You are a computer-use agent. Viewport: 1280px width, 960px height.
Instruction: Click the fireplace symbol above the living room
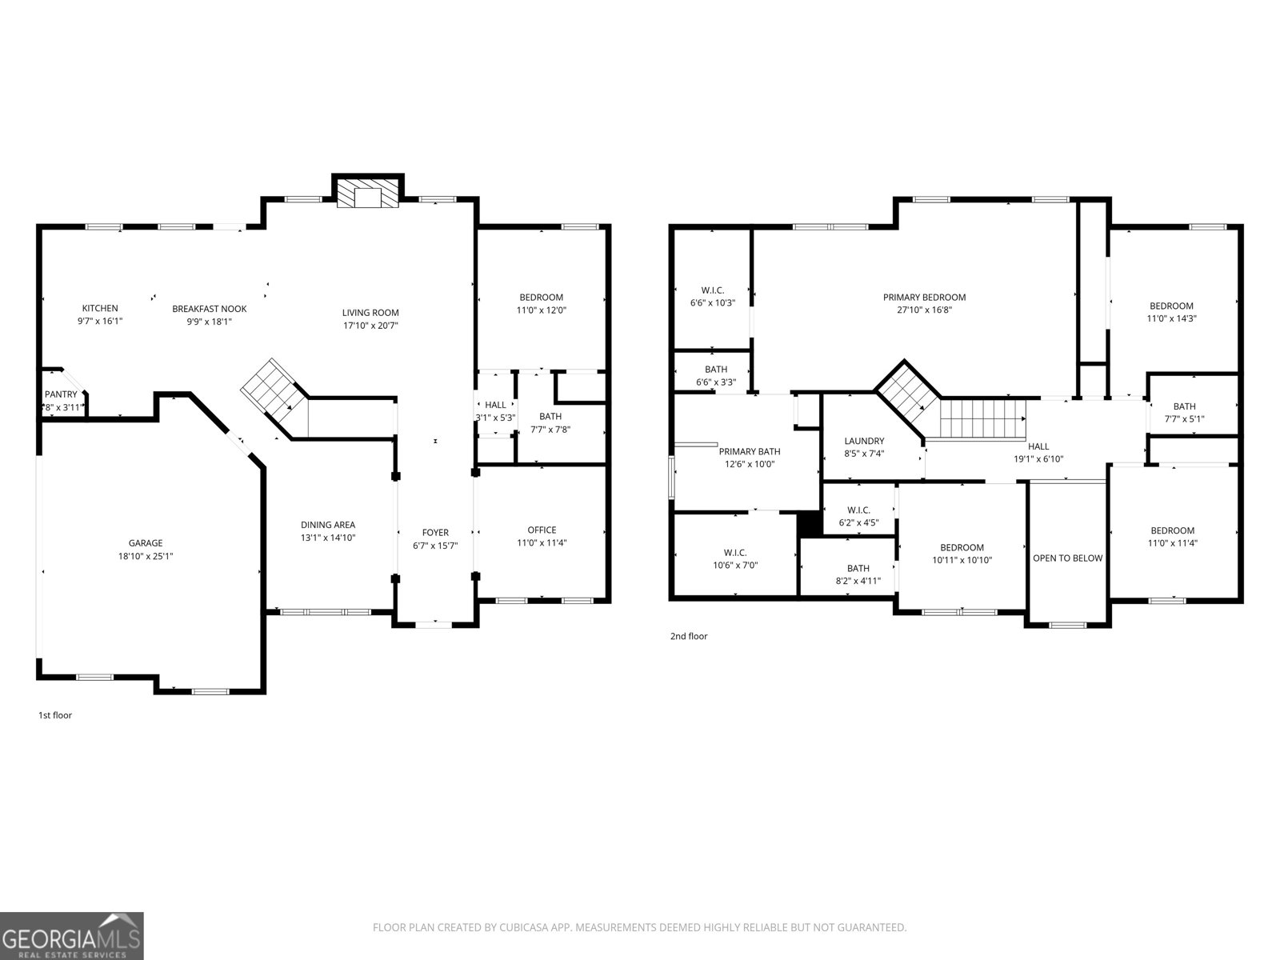tap(367, 194)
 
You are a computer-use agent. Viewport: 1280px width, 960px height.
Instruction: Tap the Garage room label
tap(146, 543)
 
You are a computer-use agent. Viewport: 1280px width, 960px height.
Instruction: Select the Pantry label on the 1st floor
tap(61, 394)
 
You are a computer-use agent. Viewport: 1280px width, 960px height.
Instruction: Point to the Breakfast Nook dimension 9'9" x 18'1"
tap(210, 322)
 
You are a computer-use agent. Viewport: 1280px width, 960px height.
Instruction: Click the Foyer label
tap(436, 532)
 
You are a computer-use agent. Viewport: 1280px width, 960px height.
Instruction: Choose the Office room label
tap(542, 530)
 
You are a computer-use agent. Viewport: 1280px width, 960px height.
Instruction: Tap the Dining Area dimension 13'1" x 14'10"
tap(328, 538)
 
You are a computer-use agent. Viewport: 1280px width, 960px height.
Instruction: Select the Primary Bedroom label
tap(924, 297)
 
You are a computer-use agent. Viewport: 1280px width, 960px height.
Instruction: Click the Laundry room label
tap(864, 441)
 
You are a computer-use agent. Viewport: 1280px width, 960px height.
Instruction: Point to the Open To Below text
tap(1067, 558)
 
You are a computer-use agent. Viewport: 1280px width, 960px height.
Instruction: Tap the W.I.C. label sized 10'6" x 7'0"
tap(735, 553)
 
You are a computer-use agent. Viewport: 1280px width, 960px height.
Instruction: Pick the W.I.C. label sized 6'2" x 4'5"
tap(858, 510)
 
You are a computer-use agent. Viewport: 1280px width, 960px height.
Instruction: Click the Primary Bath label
tap(750, 451)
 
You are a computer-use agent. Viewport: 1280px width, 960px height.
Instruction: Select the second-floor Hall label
tap(1038, 446)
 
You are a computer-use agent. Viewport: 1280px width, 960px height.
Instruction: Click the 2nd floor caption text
tap(689, 637)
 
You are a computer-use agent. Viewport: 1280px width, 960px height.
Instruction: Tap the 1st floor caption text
tap(55, 715)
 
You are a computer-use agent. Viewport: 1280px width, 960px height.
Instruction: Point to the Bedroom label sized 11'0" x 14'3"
tap(1171, 306)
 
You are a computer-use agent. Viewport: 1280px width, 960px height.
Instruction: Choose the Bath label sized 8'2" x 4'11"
tap(858, 568)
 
